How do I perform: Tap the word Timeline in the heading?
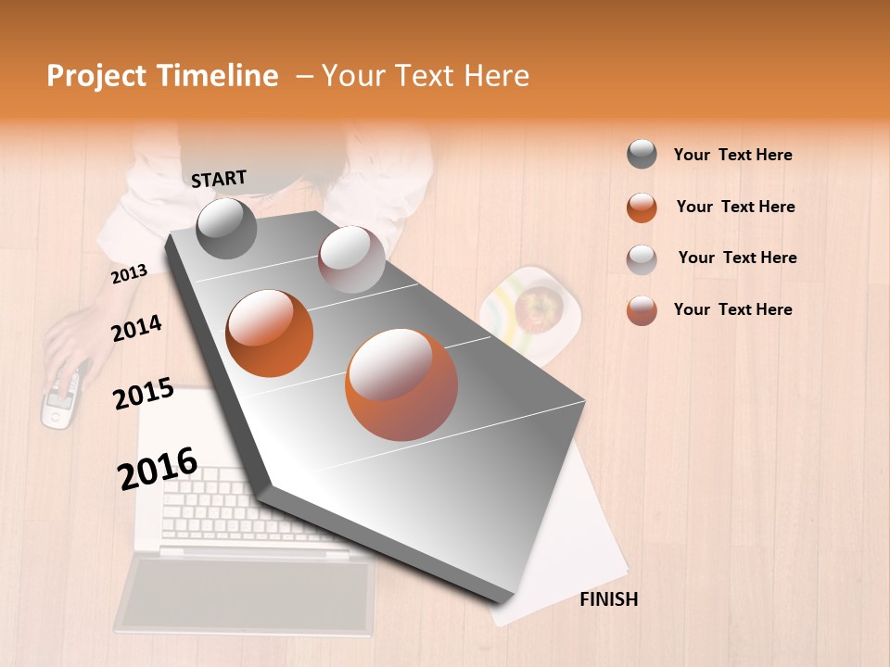point(218,76)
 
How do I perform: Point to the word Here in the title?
point(496,76)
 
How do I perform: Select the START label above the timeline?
point(219,179)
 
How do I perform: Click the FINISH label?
point(609,599)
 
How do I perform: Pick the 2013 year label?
point(129,274)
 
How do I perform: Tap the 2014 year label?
point(136,328)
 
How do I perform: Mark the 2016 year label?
point(158,469)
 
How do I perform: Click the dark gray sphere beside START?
point(226,229)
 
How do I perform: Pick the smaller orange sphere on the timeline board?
point(270,333)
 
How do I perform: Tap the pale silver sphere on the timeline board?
point(351,259)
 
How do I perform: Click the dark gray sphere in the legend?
point(642,155)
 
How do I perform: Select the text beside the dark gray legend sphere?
point(732,155)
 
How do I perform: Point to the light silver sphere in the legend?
point(642,258)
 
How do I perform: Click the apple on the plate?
point(539,307)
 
